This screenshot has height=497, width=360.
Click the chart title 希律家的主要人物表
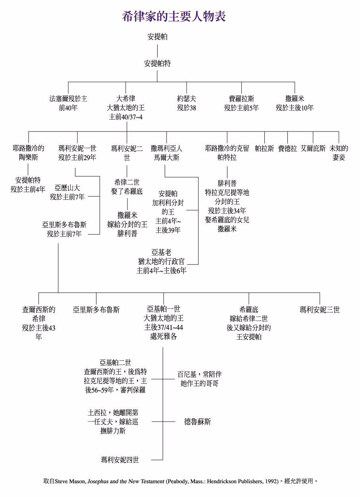click(174, 16)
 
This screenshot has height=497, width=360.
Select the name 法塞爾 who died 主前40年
click(68, 102)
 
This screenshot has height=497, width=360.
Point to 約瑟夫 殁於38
click(186, 102)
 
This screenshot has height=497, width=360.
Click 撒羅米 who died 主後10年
click(295, 102)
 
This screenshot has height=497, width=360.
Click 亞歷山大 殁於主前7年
click(67, 192)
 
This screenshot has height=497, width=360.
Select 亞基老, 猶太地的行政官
click(162, 261)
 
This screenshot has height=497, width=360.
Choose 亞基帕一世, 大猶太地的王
click(164, 322)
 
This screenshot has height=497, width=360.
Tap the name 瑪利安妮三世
click(320, 309)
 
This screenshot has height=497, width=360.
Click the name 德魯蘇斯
click(197, 422)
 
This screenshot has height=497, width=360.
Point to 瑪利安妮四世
click(120, 460)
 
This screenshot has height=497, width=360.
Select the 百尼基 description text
click(199, 379)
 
